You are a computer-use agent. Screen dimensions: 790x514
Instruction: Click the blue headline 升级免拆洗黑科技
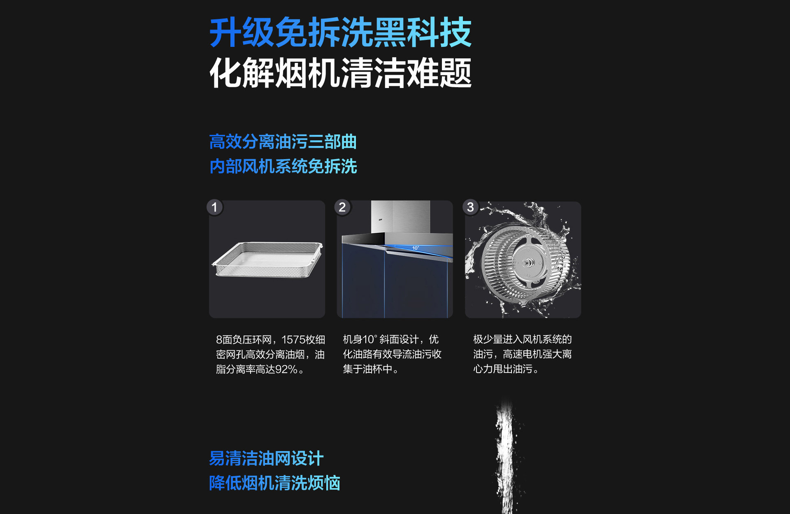pyautogui.click(x=341, y=32)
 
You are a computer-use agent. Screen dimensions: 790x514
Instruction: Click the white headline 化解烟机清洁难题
pyautogui.click(x=341, y=73)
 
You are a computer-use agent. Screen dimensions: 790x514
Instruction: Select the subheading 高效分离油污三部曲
pyautogui.click(x=283, y=142)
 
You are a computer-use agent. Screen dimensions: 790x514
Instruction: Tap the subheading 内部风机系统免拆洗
pyautogui.click(x=283, y=167)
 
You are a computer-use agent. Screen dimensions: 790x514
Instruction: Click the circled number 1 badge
pyautogui.click(x=214, y=207)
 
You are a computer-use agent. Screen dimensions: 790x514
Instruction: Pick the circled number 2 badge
pyautogui.click(x=342, y=207)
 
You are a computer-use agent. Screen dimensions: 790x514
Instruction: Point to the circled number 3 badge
pyautogui.click(x=470, y=207)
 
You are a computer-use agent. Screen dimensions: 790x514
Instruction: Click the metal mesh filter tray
pyautogui.click(x=267, y=259)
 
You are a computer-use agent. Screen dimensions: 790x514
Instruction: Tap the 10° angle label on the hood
pyautogui.click(x=416, y=248)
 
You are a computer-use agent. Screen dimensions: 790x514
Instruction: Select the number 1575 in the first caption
pyautogui.click(x=293, y=340)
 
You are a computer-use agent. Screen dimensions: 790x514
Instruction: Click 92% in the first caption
pyautogui.click(x=286, y=369)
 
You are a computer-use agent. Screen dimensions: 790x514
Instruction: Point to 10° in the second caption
pyautogui.click(x=370, y=339)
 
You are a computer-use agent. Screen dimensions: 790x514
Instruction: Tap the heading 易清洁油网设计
pyautogui.click(x=266, y=458)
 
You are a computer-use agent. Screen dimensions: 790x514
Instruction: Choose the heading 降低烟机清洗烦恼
pyautogui.click(x=274, y=483)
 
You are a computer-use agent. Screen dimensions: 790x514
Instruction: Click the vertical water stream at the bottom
pyautogui.click(x=506, y=456)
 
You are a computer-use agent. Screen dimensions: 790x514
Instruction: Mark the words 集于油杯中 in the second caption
pyautogui.click(x=367, y=369)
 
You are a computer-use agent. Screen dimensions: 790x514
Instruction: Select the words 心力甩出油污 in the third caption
pyautogui.click(x=503, y=369)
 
